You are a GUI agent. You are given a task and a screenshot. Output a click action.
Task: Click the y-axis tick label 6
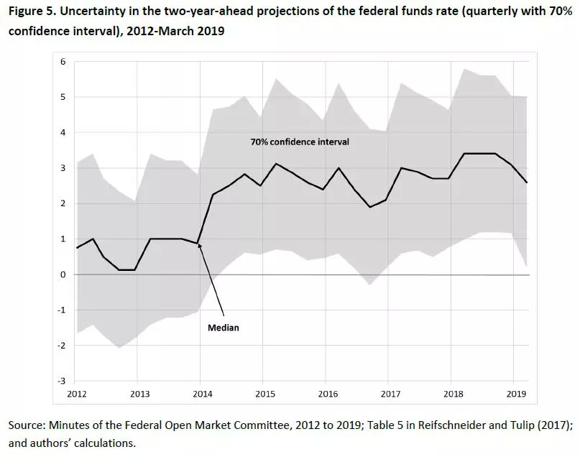tap(63, 62)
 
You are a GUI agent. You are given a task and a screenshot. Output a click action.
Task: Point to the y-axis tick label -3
tap(61, 381)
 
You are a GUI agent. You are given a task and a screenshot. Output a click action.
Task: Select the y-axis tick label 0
tap(63, 274)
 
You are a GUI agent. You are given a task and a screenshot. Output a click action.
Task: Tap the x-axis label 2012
tap(77, 394)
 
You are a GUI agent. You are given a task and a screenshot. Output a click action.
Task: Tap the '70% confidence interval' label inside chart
tap(300, 142)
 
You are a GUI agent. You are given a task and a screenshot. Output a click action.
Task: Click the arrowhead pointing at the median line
tap(200, 246)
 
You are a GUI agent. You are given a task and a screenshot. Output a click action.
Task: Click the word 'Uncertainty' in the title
tap(101, 11)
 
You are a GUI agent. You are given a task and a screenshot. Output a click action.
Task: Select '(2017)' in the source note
tap(552, 426)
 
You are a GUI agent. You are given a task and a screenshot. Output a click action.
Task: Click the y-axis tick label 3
tap(63, 168)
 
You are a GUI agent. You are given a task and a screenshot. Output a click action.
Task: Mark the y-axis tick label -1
tap(61, 310)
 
